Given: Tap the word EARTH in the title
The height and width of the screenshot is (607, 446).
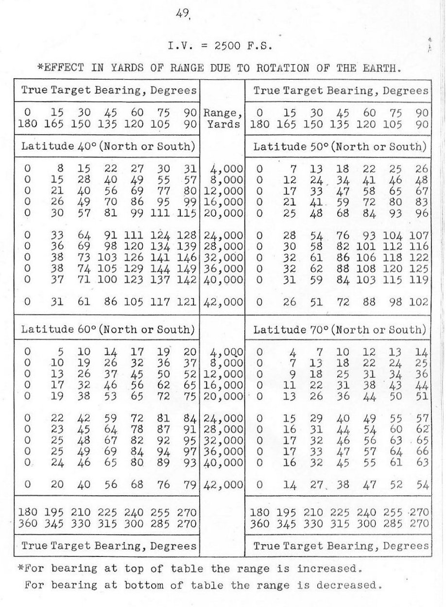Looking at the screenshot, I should coord(380,68).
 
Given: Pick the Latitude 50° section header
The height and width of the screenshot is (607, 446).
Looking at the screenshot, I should coord(340,146).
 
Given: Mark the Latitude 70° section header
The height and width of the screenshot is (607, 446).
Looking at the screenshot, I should coord(340,330).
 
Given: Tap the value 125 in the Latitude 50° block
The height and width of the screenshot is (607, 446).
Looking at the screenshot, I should coord(420,268).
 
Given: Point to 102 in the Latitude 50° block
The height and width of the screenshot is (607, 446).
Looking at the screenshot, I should coord(420,302).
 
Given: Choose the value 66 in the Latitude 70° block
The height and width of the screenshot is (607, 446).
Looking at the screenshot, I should coord(422,452).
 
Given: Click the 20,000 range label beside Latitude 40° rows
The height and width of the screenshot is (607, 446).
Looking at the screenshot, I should coord(224,213).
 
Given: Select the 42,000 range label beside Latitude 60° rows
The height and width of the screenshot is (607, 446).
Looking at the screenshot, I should coord(224,485).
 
